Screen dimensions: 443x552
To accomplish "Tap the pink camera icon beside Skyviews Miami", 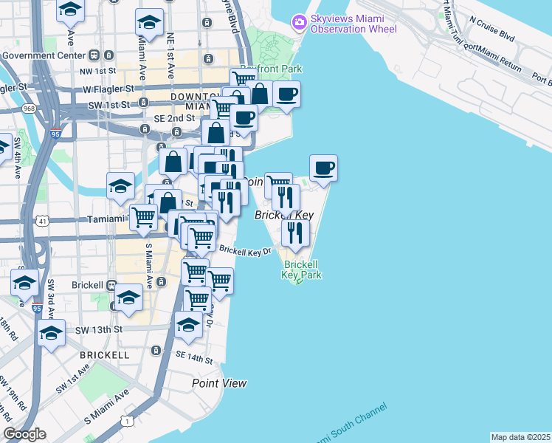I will click(299, 21).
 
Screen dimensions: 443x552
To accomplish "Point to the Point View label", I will click(219, 383).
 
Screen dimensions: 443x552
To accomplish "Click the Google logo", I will click(24, 434).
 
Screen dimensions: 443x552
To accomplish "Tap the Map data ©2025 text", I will click(520, 437).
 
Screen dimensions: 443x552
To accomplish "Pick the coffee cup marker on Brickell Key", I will click(323, 168).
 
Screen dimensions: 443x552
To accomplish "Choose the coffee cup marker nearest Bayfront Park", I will click(286, 95).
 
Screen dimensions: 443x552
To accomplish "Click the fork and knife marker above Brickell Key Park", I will click(294, 233).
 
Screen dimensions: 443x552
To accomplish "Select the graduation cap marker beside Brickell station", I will click(128, 298).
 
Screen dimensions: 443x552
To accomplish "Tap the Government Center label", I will click(43, 55).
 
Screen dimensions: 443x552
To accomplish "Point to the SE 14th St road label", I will click(194, 360).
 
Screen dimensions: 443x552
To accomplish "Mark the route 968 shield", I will click(29, 109).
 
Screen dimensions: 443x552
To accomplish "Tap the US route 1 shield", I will click(128, 421).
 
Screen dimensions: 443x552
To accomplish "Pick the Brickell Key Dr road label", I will click(246, 251).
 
